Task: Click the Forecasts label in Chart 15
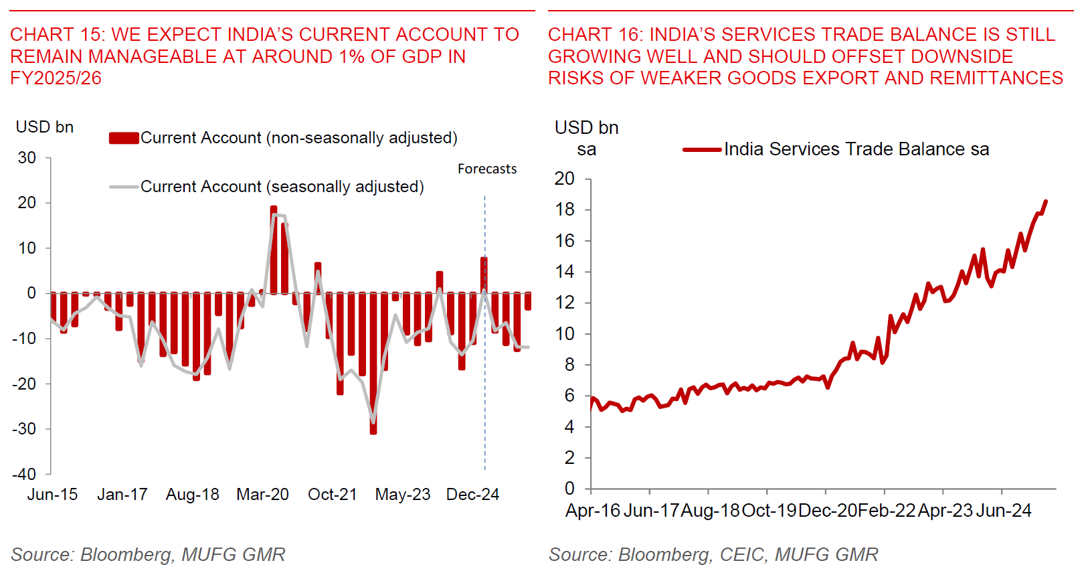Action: click(x=486, y=169)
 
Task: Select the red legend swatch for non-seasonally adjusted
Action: click(x=124, y=138)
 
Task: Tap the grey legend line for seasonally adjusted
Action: click(x=124, y=187)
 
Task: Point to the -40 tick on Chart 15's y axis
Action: click(x=25, y=474)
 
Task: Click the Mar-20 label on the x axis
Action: click(x=262, y=495)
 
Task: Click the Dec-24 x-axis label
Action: click(x=472, y=495)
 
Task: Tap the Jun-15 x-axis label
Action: click(x=52, y=495)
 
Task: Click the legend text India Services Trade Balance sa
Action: click(x=856, y=149)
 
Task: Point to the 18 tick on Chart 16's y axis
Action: click(x=565, y=210)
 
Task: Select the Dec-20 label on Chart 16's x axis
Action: click(x=828, y=511)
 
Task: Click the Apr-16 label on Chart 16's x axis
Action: click(x=593, y=511)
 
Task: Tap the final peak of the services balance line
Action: click(x=1045, y=201)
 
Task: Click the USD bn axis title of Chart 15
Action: click(x=44, y=127)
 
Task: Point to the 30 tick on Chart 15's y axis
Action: click(x=27, y=158)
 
